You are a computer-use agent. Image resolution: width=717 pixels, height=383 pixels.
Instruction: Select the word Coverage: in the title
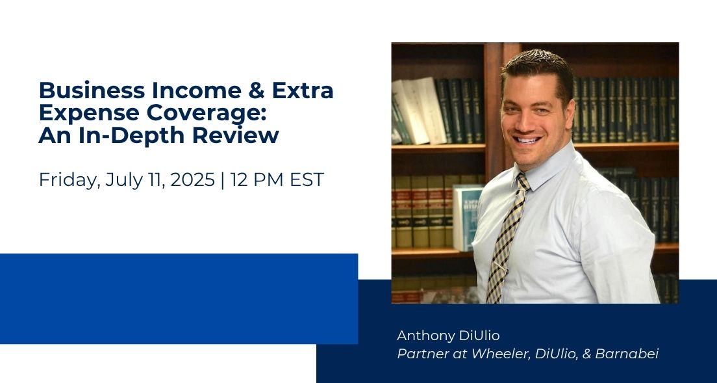pyautogui.click(x=209, y=112)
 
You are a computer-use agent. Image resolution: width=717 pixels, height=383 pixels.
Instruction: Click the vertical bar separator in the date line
pyautogui.click(x=223, y=179)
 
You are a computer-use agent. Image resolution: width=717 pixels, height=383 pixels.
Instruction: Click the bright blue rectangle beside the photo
pyautogui.click(x=179, y=298)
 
